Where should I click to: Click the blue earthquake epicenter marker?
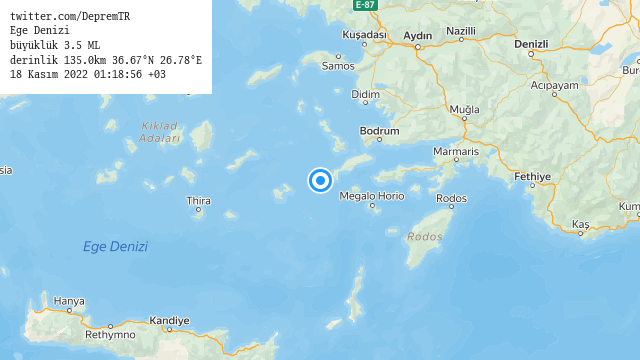coord(320,180)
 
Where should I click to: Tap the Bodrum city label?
coord(380,131)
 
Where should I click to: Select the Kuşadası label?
coord(364,34)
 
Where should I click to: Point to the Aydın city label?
coord(417,36)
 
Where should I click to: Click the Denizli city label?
coord(531,44)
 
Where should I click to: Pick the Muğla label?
coord(465,108)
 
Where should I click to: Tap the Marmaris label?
coord(455,151)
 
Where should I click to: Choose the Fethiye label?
coord(532,176)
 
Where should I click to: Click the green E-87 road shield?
coord(365,5)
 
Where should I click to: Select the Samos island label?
coord(339,66)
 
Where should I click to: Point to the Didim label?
coord(367,95)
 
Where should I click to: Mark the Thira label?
coord(198,201)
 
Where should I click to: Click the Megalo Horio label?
coord(372,196)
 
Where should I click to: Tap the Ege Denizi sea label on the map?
coord(115,246)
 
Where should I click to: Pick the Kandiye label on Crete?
coord(169,321)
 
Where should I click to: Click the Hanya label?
coord(69,301)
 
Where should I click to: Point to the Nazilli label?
coord(461,31)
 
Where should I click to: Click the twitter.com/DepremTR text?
coord(70,17)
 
